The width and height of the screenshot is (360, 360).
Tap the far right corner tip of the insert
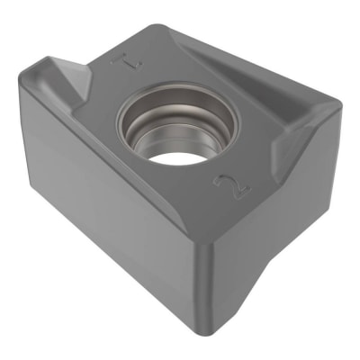340,108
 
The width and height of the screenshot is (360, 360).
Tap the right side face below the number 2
270,234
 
